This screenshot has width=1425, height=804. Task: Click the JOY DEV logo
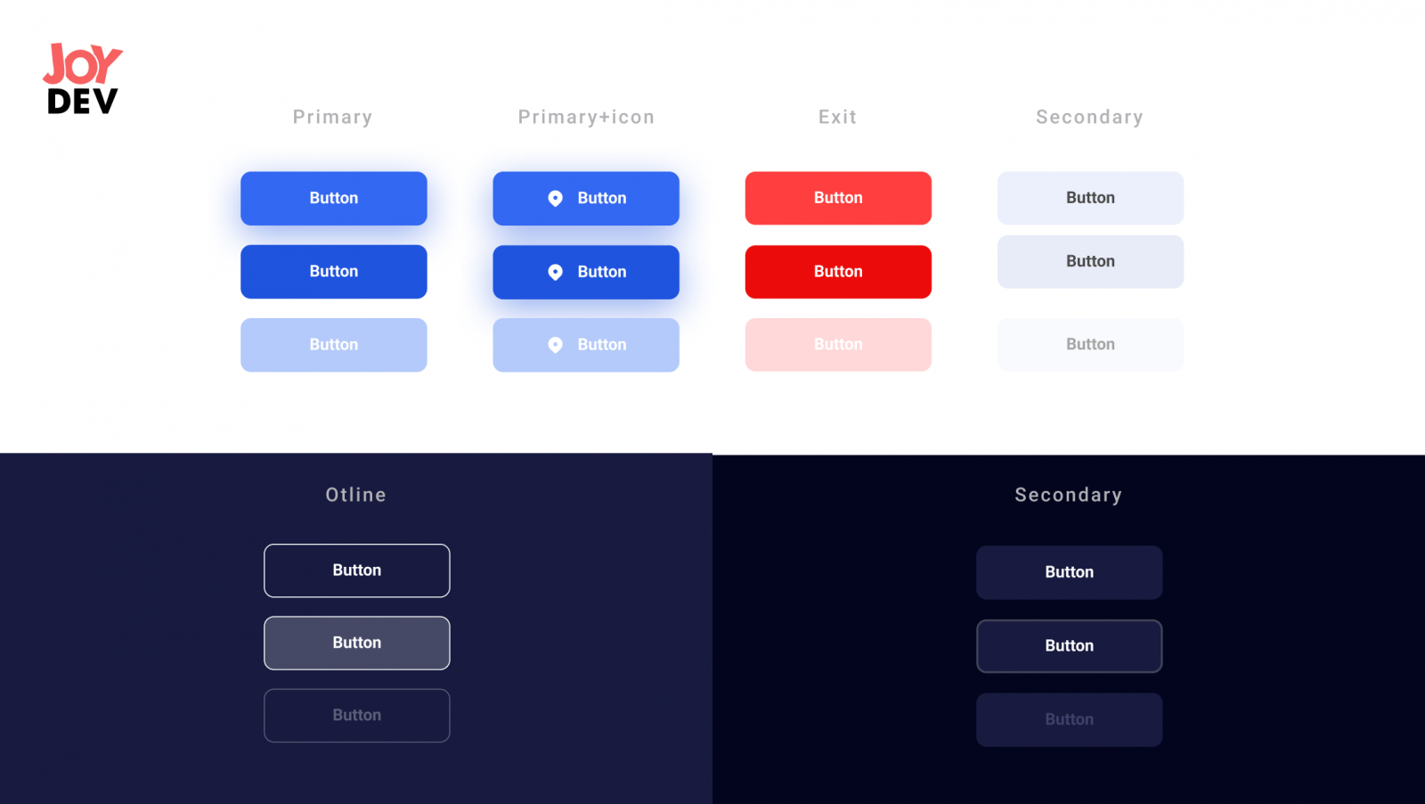[x=82, y=79]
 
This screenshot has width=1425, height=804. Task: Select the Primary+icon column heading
[x=586, y=117]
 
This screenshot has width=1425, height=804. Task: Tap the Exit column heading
[x=838, y=117]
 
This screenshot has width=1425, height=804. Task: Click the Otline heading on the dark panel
[x=356, y=495]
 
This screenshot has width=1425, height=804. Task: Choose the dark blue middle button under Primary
[x=334, y=272]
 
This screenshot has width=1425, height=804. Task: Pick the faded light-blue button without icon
[x=334, y=345]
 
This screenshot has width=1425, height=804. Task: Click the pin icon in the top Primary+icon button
[x=556, y=199]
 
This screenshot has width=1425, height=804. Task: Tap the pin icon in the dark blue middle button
[x=556, y=273]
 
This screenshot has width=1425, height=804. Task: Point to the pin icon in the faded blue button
[x=556, y=345]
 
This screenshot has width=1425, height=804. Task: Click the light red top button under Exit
[x=838, y=198]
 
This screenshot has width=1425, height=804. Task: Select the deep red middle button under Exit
[x=838, y=272]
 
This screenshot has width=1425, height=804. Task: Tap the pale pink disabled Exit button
[x=838, y=344]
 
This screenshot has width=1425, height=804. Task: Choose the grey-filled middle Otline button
[x=357, y=643]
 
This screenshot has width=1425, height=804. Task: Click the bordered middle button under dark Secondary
[x=1070, y=646]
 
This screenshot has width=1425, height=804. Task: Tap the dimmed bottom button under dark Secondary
[x=1070, y=720]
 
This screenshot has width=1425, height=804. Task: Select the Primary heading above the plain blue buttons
[x=333, y=117]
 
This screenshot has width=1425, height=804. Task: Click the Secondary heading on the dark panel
[x=1069, y=495]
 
